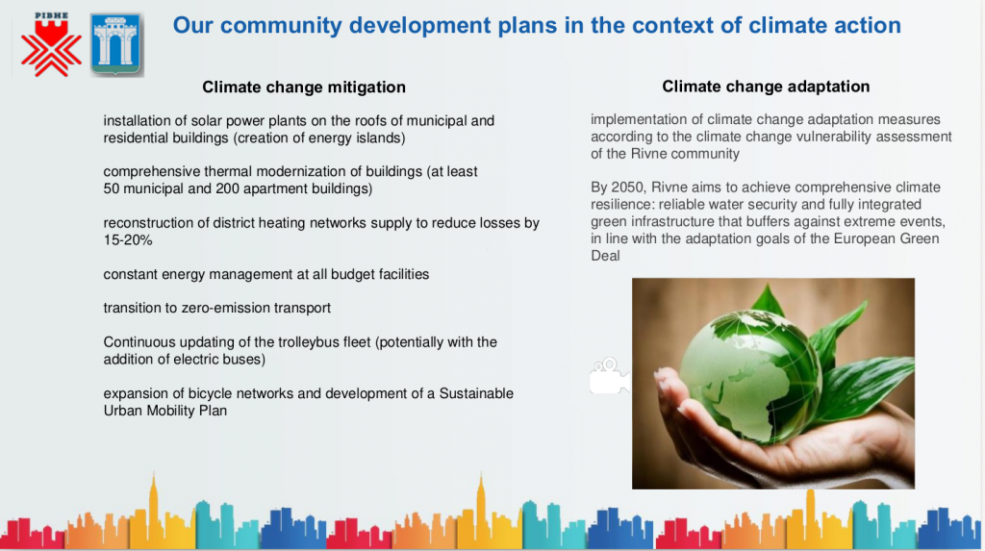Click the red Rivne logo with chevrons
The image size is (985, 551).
51,44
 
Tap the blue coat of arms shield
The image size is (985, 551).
116,44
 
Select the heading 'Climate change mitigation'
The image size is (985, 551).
304,87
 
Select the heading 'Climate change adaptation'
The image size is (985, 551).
766,87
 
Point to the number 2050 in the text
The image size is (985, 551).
627,188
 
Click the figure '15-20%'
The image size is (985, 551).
128,240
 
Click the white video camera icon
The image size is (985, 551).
609,376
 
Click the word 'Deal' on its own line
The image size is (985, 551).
605,256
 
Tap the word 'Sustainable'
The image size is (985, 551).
476,394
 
